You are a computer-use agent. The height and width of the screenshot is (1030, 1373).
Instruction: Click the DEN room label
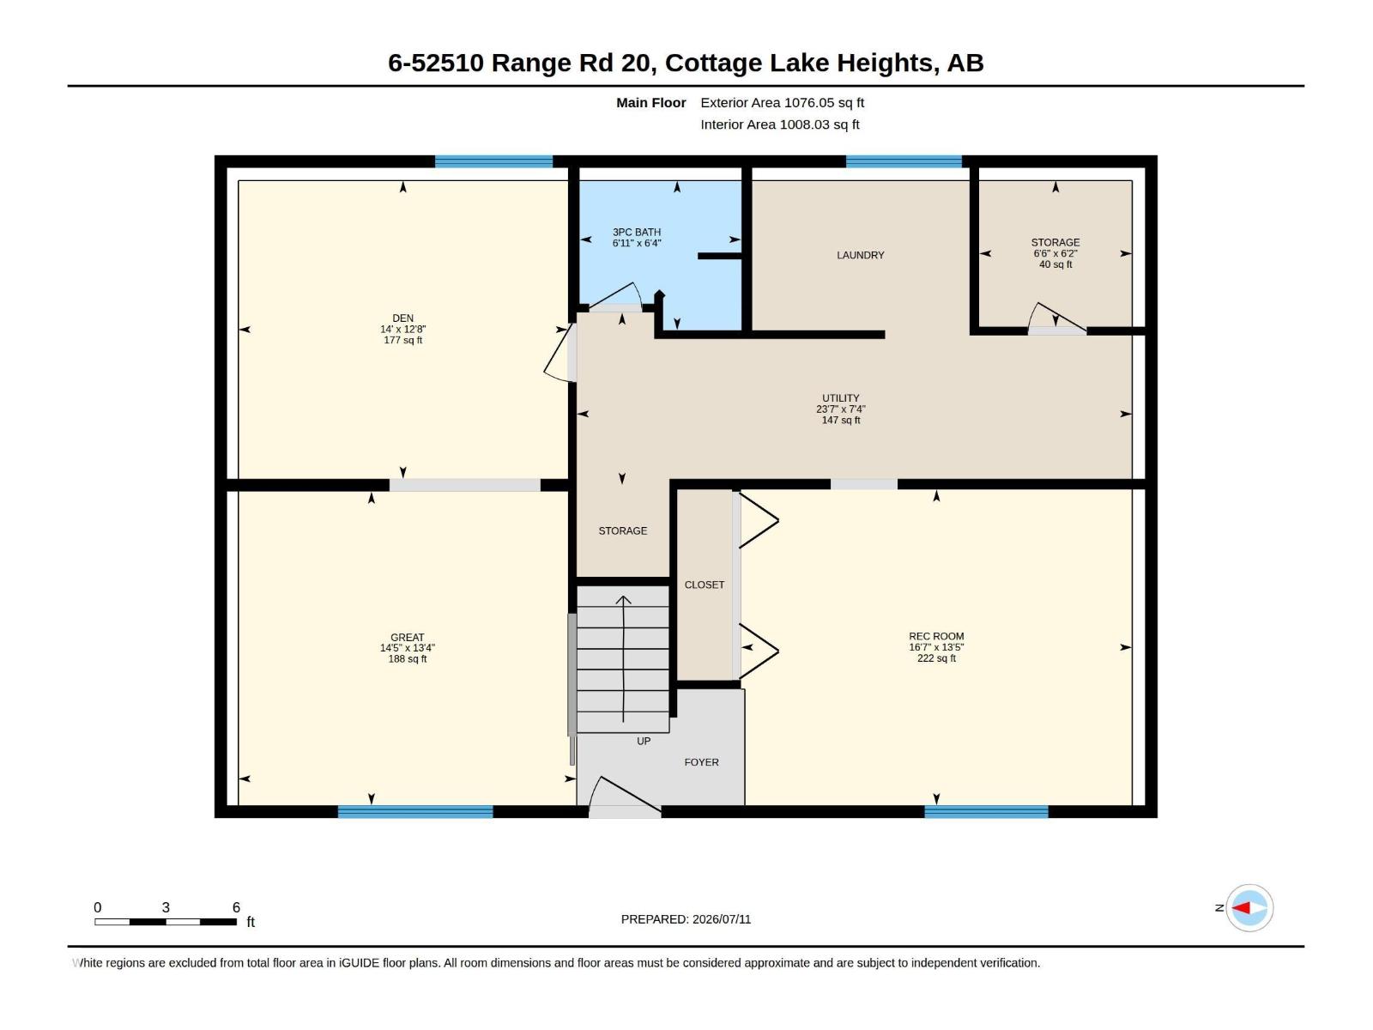[x=402, y=318]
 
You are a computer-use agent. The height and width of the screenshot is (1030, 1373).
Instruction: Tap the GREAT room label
[x=408, y=637]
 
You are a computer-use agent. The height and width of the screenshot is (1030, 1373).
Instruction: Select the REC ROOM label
[x=936, y=636]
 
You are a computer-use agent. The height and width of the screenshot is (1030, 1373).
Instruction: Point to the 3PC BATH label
[x=637, y=232]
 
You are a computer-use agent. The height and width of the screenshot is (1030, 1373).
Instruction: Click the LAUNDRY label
[x=861, y=255]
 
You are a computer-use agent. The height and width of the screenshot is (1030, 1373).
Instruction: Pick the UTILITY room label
[x=841, y=397]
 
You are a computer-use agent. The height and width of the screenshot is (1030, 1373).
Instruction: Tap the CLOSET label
[x=705, y=585]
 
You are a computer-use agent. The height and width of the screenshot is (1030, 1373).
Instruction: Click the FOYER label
[x=701, y=762]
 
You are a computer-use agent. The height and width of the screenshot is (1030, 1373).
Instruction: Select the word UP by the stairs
[x=644, y=741]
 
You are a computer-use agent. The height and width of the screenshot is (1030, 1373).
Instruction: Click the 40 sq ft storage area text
[x=1055, y=264]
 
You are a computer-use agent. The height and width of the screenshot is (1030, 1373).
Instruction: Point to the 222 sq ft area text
[x=936, y=658]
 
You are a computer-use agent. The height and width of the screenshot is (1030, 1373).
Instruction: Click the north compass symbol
[x=1249, y=908]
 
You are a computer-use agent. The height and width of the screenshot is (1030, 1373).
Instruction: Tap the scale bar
[x=166, y=922]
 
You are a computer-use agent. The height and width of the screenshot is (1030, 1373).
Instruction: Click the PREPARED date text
[x=686, y=919]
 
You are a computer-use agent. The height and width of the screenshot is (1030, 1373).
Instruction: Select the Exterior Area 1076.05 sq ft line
[x=782, y=102]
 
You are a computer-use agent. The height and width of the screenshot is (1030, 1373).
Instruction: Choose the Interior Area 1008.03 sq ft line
[x=779, y=124]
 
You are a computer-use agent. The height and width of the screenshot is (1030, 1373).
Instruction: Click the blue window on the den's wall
[x=493, y=162]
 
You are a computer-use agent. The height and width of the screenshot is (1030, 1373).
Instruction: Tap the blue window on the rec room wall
[x=987, y=812]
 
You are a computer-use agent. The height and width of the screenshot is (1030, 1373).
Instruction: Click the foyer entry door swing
[x=626, y=794]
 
